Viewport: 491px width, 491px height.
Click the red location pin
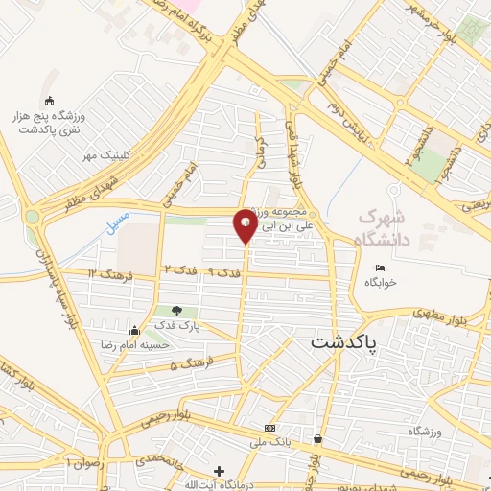point(245,226)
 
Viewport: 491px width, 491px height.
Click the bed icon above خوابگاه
point(380,268)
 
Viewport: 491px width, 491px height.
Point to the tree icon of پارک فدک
point(177,310)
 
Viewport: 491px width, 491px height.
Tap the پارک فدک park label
point(177,325)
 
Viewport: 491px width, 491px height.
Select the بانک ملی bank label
point(269,442)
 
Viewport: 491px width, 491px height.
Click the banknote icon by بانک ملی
point(269,428)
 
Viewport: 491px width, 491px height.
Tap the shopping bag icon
point(317,439)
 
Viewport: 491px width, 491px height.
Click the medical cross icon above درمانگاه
point(220,471)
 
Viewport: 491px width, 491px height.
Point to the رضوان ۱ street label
point(82,461)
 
